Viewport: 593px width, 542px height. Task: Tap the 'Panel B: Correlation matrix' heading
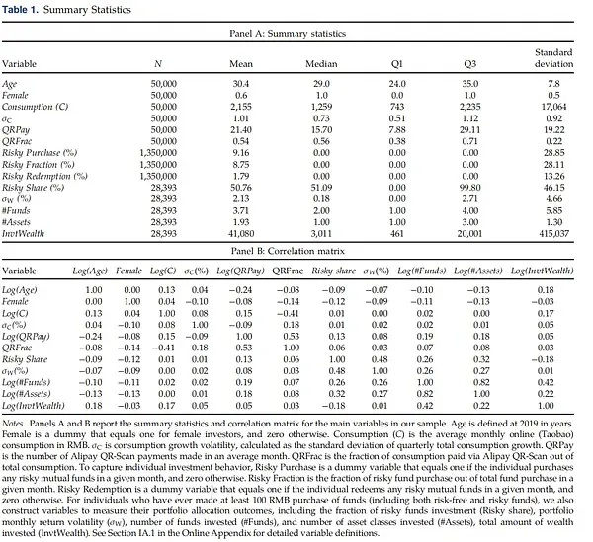tap(296, 253)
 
